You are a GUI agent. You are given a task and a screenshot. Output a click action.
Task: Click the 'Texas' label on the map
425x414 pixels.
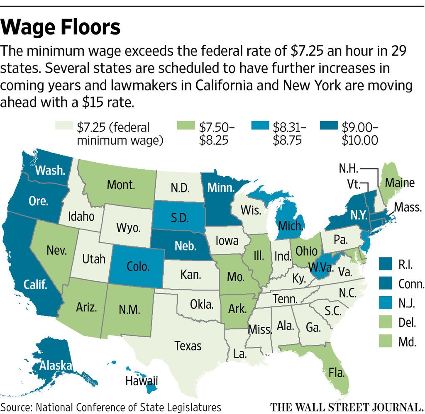(188, 346)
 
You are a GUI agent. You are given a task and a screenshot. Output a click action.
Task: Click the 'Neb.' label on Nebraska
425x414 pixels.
(185, 246)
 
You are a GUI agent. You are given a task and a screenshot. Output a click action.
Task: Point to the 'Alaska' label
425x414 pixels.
(56, 365)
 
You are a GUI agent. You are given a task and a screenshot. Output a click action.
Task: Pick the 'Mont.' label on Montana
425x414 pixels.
(121, 185)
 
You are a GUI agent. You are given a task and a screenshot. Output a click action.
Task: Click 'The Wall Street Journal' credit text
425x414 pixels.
(346, 406)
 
